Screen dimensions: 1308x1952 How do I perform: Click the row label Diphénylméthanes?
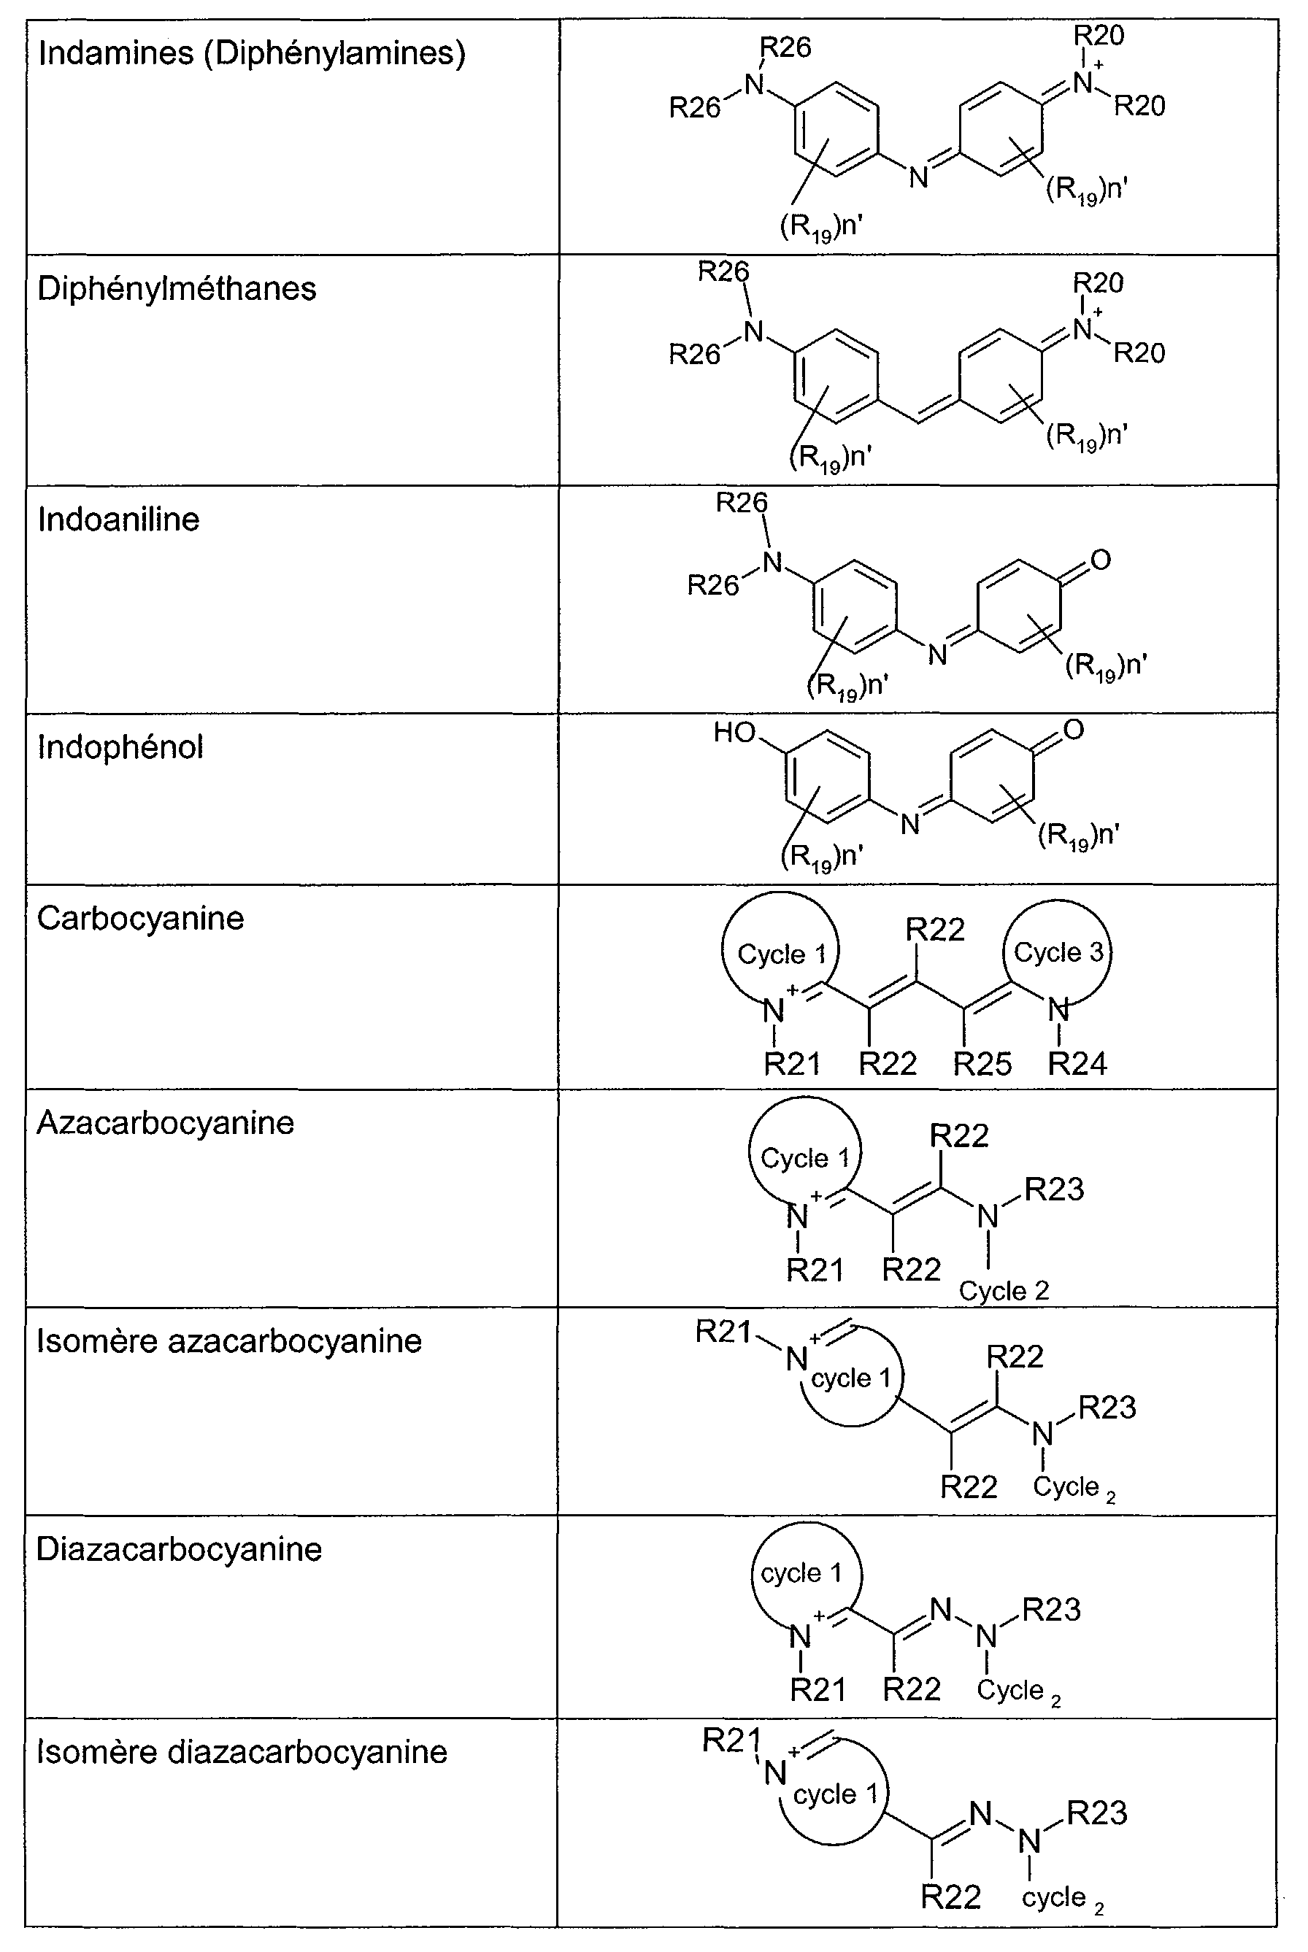point(177,288)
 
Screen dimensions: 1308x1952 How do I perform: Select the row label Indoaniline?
point(118,520)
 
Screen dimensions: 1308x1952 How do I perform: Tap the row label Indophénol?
point(120,747)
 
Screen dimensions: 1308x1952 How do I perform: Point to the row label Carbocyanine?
point(140,918)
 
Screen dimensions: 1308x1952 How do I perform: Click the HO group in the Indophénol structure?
point(734,733)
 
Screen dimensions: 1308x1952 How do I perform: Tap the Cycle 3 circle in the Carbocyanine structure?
point(1058,952)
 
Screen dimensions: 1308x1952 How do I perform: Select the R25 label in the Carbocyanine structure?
point(982,1064)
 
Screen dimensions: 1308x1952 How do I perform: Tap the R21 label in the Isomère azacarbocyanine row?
point(723,1332)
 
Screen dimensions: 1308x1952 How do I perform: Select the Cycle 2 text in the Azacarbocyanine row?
point(1004,1292)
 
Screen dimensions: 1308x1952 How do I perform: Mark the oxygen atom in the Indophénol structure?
point(1074,730)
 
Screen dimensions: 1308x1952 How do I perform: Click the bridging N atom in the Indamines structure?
point(918,177)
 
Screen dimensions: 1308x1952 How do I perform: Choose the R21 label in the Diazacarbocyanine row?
point(817,1690)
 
